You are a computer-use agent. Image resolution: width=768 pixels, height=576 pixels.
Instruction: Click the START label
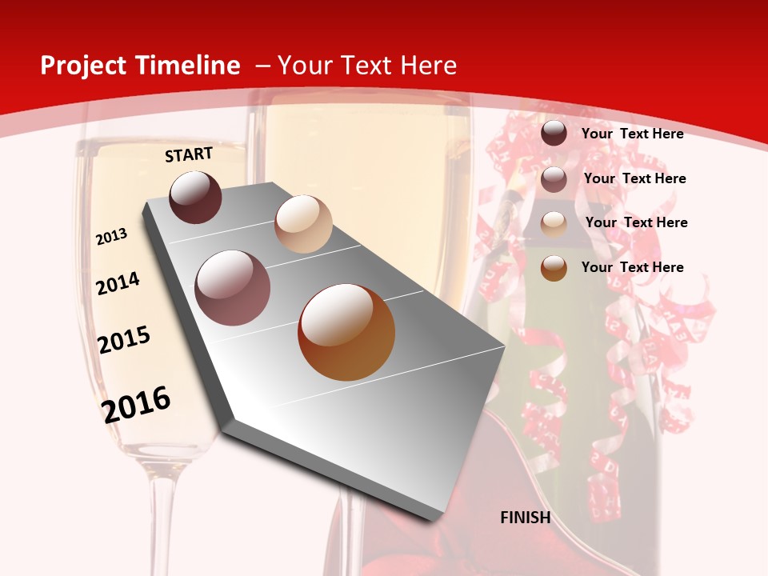189,154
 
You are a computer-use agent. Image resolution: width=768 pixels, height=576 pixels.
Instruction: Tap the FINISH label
525,518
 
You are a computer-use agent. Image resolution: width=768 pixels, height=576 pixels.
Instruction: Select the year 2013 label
111,237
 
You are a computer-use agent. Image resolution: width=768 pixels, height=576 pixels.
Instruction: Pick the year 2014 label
118,283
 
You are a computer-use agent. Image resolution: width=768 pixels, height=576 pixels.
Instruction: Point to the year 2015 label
124,340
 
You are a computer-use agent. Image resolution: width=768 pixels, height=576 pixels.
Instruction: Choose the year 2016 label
136,404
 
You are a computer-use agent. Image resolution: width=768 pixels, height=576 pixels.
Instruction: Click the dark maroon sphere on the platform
195,197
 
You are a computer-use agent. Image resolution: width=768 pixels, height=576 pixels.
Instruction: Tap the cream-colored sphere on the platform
303,224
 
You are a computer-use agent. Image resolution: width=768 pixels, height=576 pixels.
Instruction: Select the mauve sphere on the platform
233,288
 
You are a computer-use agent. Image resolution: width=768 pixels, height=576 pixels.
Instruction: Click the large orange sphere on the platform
346,333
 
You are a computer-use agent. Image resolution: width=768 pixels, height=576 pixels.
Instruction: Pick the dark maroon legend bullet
554,134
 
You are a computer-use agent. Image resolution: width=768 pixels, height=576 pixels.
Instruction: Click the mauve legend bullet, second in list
554,178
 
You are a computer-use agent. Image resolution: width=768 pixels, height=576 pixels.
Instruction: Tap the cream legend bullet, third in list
554,223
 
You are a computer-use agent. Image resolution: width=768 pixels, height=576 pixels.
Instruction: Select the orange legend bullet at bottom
554,268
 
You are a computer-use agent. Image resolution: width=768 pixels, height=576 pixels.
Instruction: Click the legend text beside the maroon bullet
632,134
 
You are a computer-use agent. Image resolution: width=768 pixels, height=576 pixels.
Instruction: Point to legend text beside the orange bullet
632,267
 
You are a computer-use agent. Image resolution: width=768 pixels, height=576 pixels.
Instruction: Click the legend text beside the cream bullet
636,222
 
